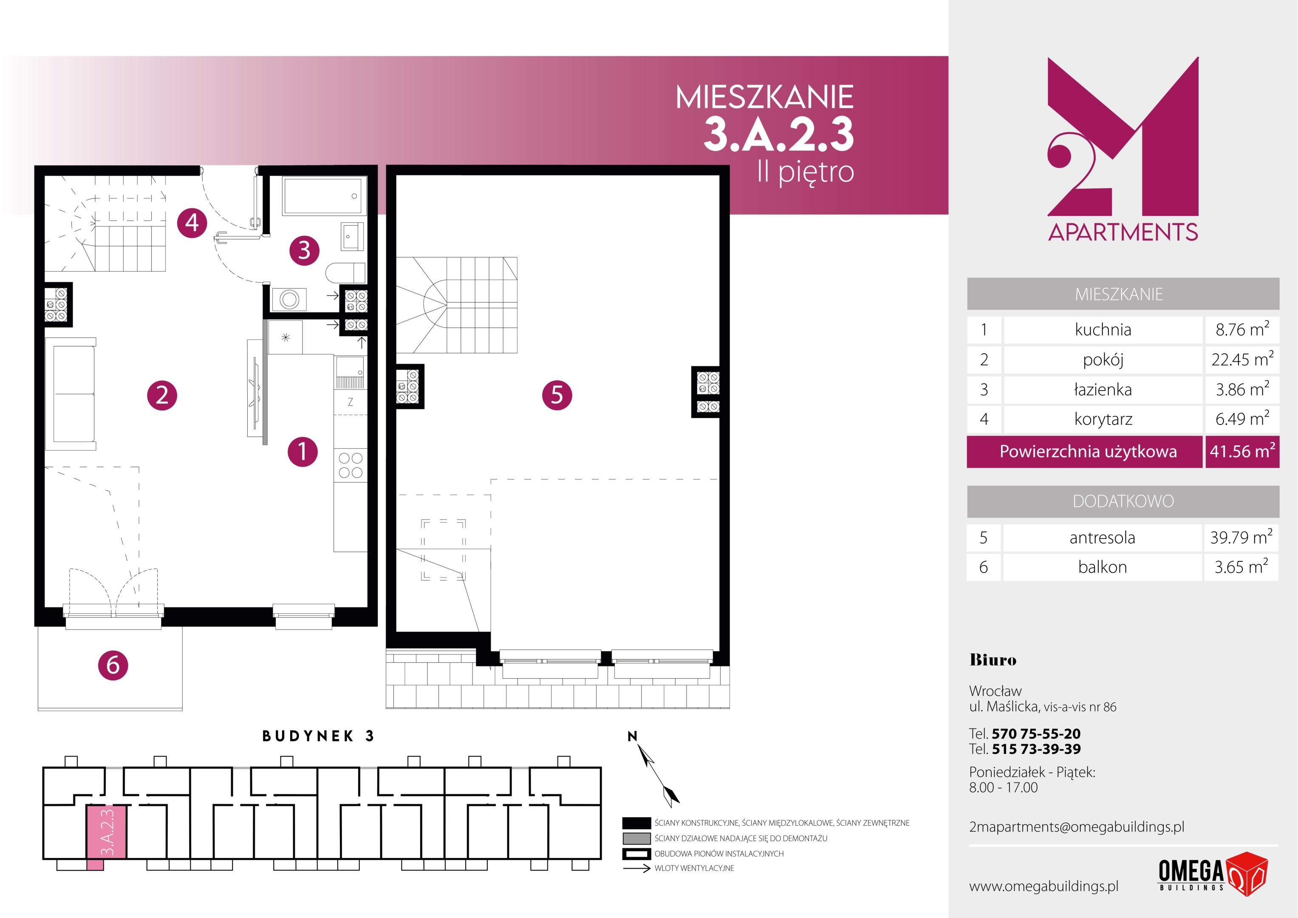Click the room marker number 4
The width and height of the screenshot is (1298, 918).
click(192, 222)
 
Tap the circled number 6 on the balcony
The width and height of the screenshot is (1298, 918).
click(113, 665)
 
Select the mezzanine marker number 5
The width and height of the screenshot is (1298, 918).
click(557, 395)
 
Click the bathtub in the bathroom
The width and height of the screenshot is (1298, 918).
click(322, 195)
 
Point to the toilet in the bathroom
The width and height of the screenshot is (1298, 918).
click(345, 272)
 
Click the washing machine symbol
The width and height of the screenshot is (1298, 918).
click(289, 299)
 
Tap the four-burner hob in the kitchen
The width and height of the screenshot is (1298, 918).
click(351, 465)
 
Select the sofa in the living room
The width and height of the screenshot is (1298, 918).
click(71, 394)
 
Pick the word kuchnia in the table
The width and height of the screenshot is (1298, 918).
click(1103, 330)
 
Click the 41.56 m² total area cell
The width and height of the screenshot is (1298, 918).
click(1242, 451)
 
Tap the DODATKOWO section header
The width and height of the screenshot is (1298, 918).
click(1123, 501)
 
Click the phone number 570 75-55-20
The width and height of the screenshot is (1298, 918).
click(1036, 734)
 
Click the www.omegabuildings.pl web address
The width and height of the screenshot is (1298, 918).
click(1043, 886)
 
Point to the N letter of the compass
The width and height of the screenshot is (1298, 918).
click(633, 736)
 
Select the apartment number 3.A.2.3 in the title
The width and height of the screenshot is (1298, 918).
click(778, 135)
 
